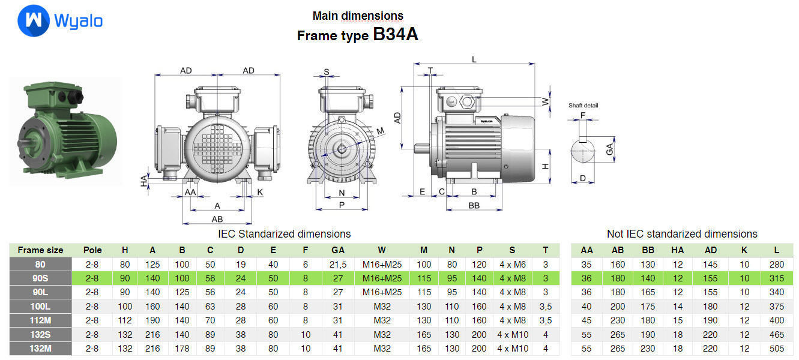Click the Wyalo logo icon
[33, 21]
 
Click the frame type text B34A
[395, 35]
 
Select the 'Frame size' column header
[40, 250]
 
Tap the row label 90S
[40, 278]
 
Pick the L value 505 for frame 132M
[776, 349]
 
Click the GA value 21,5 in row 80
[338, 265]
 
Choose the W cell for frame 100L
[382, 307]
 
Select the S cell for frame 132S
[513, 334]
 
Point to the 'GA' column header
[338, 250]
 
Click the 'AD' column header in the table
[710, 250]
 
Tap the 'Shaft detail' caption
[583, 106]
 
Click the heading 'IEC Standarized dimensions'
[284, 234]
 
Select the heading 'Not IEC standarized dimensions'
[682, 234]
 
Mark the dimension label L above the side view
[474, 59]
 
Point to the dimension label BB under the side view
[474, 205]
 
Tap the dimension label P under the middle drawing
[342, 205]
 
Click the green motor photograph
[66, 131]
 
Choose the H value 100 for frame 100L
[125, 307]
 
